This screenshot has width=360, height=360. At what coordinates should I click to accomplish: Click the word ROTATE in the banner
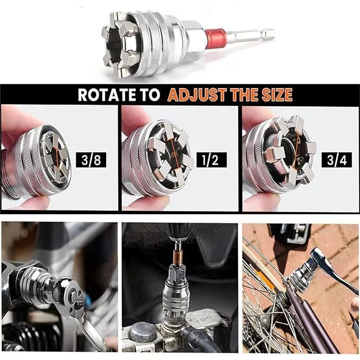[x=107, y=94]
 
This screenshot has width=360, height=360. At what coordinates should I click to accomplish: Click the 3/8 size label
[x=91, y=160]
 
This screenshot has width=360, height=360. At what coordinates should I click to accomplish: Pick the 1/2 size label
[x=212, y=160]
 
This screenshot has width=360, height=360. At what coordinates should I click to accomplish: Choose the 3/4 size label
[x=337, y=160]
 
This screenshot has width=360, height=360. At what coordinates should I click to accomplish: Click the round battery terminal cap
[x=143, y=332]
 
